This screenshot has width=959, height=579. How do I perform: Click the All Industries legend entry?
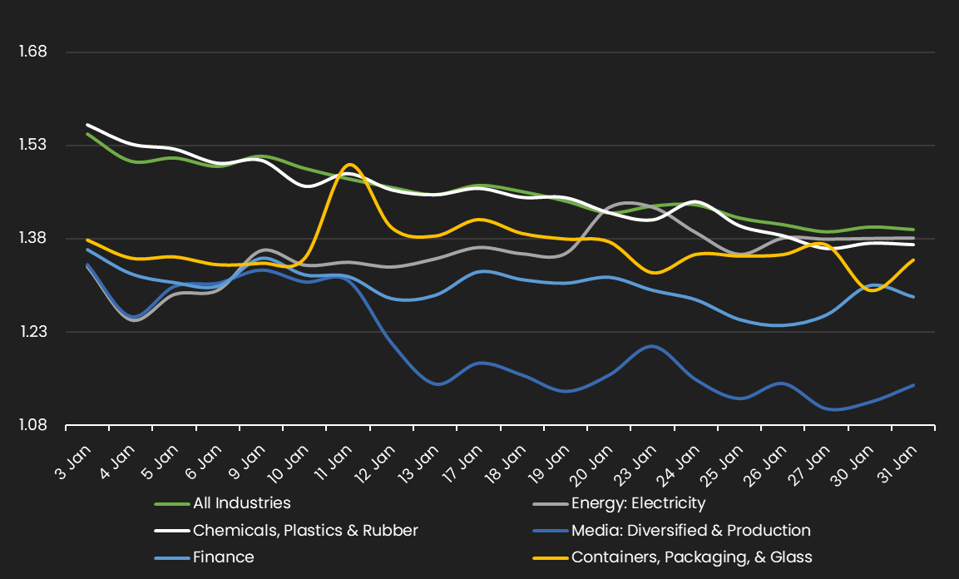[241, 503]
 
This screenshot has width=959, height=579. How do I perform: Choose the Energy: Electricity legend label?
[638, 503]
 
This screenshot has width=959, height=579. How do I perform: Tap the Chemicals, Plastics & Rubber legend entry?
[305, 531]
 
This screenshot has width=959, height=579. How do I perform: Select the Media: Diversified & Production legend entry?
[690, 531]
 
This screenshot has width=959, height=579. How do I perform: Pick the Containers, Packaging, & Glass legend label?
[691, 557]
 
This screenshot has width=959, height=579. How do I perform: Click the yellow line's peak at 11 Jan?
[349, 165]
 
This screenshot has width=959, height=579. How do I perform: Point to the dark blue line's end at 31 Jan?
[914, 385]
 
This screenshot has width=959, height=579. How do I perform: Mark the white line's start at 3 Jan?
[87, 125]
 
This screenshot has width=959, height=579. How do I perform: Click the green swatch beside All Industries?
[171, 503]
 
